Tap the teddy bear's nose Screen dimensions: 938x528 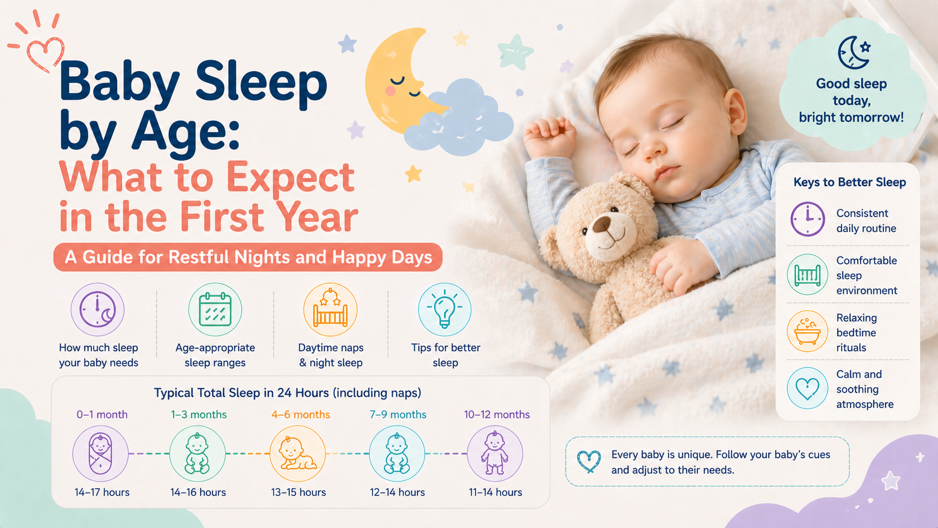602,225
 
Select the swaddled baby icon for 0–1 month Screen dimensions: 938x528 100,453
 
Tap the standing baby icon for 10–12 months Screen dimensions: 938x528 495,453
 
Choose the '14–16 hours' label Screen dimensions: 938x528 197,493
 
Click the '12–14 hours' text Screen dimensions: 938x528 397,493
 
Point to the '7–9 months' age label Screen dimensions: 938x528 398,415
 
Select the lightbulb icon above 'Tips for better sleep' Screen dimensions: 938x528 445,309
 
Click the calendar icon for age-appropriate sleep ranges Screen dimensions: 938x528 215,309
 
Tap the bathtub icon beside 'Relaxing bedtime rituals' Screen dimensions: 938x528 807,331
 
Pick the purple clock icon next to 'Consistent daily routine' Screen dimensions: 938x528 808,219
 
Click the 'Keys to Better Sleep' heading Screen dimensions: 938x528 850,182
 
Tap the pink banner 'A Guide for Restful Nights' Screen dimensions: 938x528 248,257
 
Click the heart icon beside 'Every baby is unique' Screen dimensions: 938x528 588,462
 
